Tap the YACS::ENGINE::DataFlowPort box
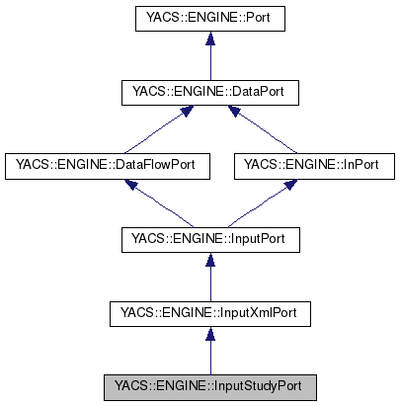pyautogui.click(x=107, y=165)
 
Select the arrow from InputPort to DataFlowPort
pyautogui.click(x=158, y=203)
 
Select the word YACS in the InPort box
pyautogui.click(x=256, y=165)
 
